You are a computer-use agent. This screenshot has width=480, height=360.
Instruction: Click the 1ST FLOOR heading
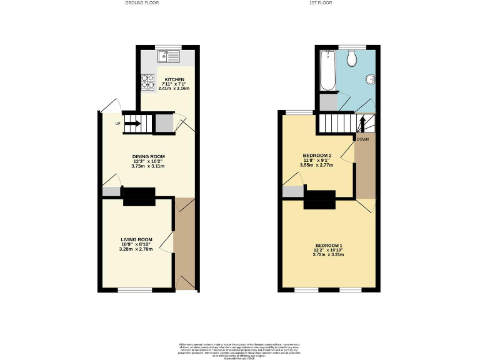[x=321, y=3]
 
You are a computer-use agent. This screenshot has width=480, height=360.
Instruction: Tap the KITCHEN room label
[x=174, y=80]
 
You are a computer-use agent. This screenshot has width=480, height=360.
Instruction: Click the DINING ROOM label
[x=148, y=156]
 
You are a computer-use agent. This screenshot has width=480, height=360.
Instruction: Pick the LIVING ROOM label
[x=137, y=239]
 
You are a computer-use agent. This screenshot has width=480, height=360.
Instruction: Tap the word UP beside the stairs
[x=117, y=123]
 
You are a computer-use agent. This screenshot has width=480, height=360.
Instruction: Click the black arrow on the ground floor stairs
[x=132, y=123]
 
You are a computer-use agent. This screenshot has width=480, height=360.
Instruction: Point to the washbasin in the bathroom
[x=369, y=79]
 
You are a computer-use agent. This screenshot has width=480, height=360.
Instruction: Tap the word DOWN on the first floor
[x=362, y=139]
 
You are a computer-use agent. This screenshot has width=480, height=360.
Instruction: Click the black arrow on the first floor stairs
[x=361, y=122]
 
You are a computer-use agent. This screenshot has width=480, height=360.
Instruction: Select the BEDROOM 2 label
[x=317, y=156]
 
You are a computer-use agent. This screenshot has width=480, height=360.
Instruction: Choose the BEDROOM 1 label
[x=329, y=245]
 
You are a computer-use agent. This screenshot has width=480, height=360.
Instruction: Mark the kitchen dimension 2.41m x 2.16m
[x=174, y=89]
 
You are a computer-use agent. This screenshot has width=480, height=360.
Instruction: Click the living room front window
[x=135, y=290]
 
